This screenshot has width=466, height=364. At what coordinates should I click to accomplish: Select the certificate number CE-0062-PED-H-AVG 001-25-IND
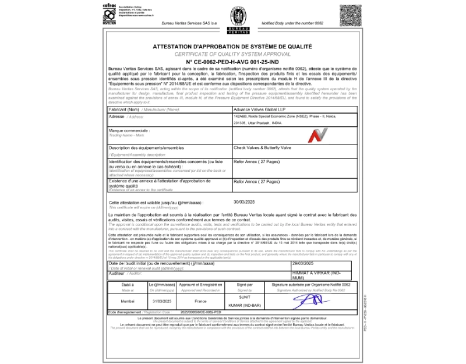pos(232,61)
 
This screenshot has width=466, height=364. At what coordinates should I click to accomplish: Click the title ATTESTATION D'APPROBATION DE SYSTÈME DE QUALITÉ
pos(232,46)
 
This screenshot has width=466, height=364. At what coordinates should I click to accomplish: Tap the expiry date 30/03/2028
pos(245,202)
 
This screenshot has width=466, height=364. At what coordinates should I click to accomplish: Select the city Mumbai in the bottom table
pos(128,302)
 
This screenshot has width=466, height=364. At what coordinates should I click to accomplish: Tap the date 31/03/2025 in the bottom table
pos(161,302)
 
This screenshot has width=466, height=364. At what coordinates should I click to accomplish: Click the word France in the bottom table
pos(201,302)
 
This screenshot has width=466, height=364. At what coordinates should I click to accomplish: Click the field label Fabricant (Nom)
pos(124,109)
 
